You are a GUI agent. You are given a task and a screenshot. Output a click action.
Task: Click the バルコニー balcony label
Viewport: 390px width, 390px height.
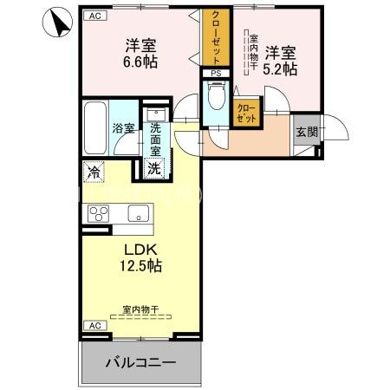pyautogui.click(x=141, y=361)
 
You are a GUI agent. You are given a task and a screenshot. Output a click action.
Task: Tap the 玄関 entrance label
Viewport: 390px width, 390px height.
pyautogui.click(x=306, y=133)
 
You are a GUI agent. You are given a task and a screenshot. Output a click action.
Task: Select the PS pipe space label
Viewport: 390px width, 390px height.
pyautogui.click(x=216, y=75)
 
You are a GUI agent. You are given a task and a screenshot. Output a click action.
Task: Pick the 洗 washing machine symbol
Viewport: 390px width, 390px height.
pyautogui.click(x=153, y=168)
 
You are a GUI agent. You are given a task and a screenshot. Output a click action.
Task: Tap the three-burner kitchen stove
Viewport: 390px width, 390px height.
pyautogui.click(x=97, y=212)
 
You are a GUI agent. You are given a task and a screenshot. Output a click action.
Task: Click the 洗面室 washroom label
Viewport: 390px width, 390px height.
pyautogui.click(x=156, y=136)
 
